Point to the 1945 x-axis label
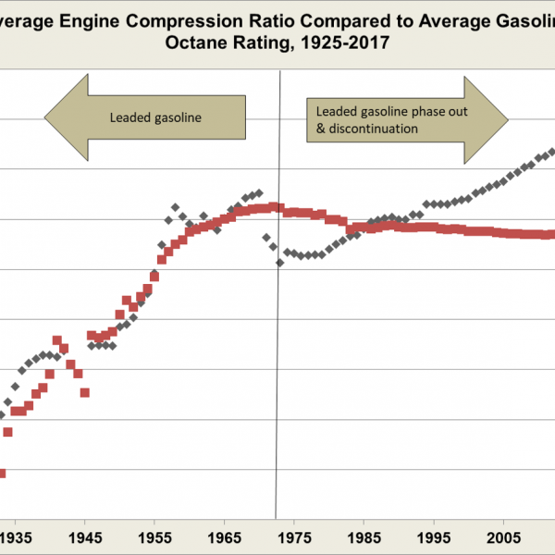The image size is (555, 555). [x=85, y=536]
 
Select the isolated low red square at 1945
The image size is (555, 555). [x=84, y=392]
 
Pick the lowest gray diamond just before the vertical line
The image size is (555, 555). [x=279, y=263]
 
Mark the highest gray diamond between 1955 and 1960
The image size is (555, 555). [x=175, y=207]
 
